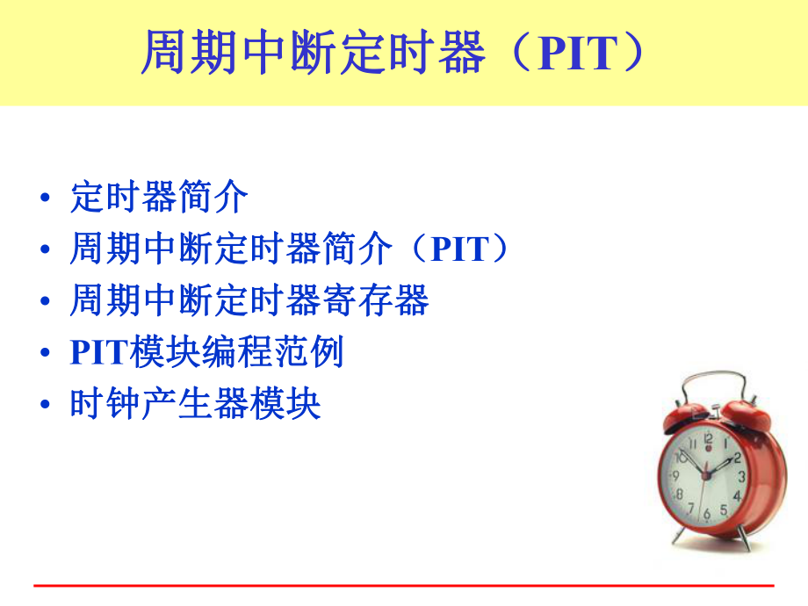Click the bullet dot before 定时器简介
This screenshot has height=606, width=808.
45,199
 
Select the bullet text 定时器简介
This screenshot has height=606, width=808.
159,198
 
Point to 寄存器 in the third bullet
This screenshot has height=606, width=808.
383,301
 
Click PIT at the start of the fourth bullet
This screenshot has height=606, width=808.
98,353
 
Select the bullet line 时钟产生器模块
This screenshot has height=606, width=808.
195,404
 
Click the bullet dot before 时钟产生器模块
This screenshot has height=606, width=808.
45,406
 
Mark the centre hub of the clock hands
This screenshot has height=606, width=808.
707,475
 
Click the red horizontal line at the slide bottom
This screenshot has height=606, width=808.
404,585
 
